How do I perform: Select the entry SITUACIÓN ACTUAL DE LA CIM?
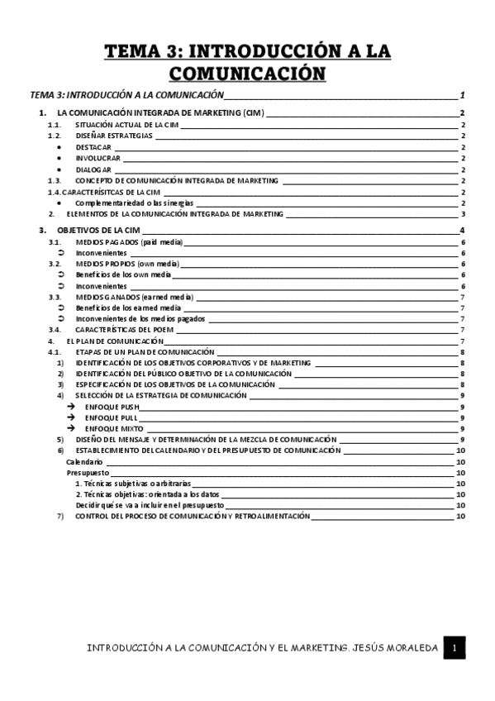127,123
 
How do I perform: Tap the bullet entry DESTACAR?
93,146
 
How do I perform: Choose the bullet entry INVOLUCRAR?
98,157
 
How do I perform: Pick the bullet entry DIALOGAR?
93,169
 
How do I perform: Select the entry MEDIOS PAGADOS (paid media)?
128,241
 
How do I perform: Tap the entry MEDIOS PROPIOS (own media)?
127,263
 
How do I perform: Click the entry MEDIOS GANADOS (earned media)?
133,296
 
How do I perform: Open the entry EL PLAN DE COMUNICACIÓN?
115,341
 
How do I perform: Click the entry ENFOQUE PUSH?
112,407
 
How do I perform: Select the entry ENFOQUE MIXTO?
114,428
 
